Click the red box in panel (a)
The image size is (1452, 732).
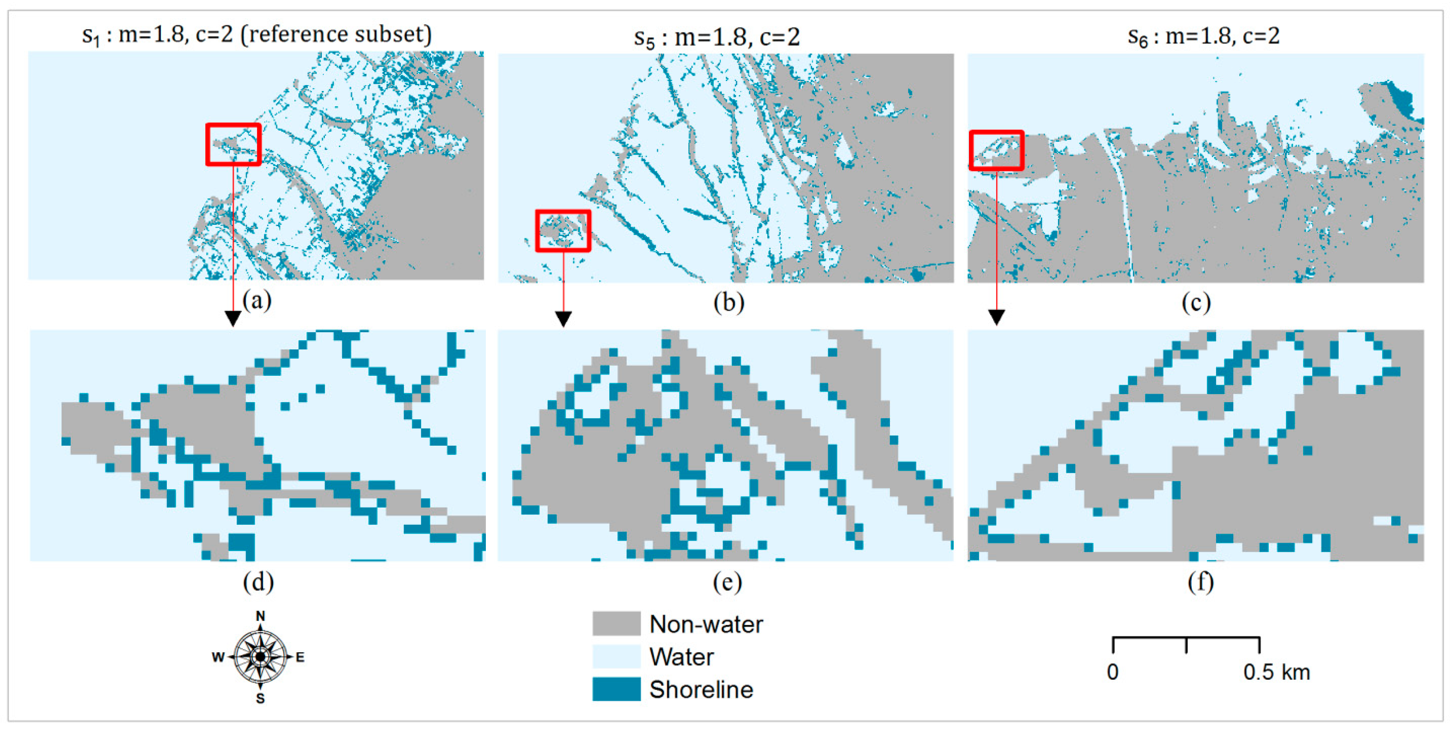[233, 145]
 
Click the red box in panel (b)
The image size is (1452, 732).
[563, 231]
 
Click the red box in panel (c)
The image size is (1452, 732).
[996, 150]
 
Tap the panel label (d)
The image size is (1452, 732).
[258, 581]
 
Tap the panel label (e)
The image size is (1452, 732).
[727, 581]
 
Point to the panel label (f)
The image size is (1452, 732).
[1200, 581]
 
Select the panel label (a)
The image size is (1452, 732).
[257, 301]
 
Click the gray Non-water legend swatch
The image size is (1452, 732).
[616, 624]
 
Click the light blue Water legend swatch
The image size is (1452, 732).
[616, 657]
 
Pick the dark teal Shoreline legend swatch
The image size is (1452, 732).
[616, 689]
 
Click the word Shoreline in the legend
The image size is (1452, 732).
[701, 689]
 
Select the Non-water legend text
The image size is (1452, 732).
[706, 624]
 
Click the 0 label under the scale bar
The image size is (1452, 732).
[1112, 672]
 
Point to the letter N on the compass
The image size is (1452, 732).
[260, 616]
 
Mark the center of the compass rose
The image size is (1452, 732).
[260, 657]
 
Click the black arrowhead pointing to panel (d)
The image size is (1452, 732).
[233, 319]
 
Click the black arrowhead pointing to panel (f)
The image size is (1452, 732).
[996, 317]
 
